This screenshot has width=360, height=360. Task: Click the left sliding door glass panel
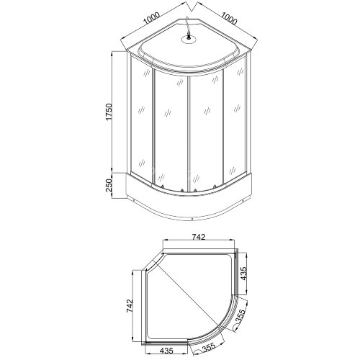pyautogui.click(x=171, y=130)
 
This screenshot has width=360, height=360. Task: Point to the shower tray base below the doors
pyautogui.click(x=189, y=205)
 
